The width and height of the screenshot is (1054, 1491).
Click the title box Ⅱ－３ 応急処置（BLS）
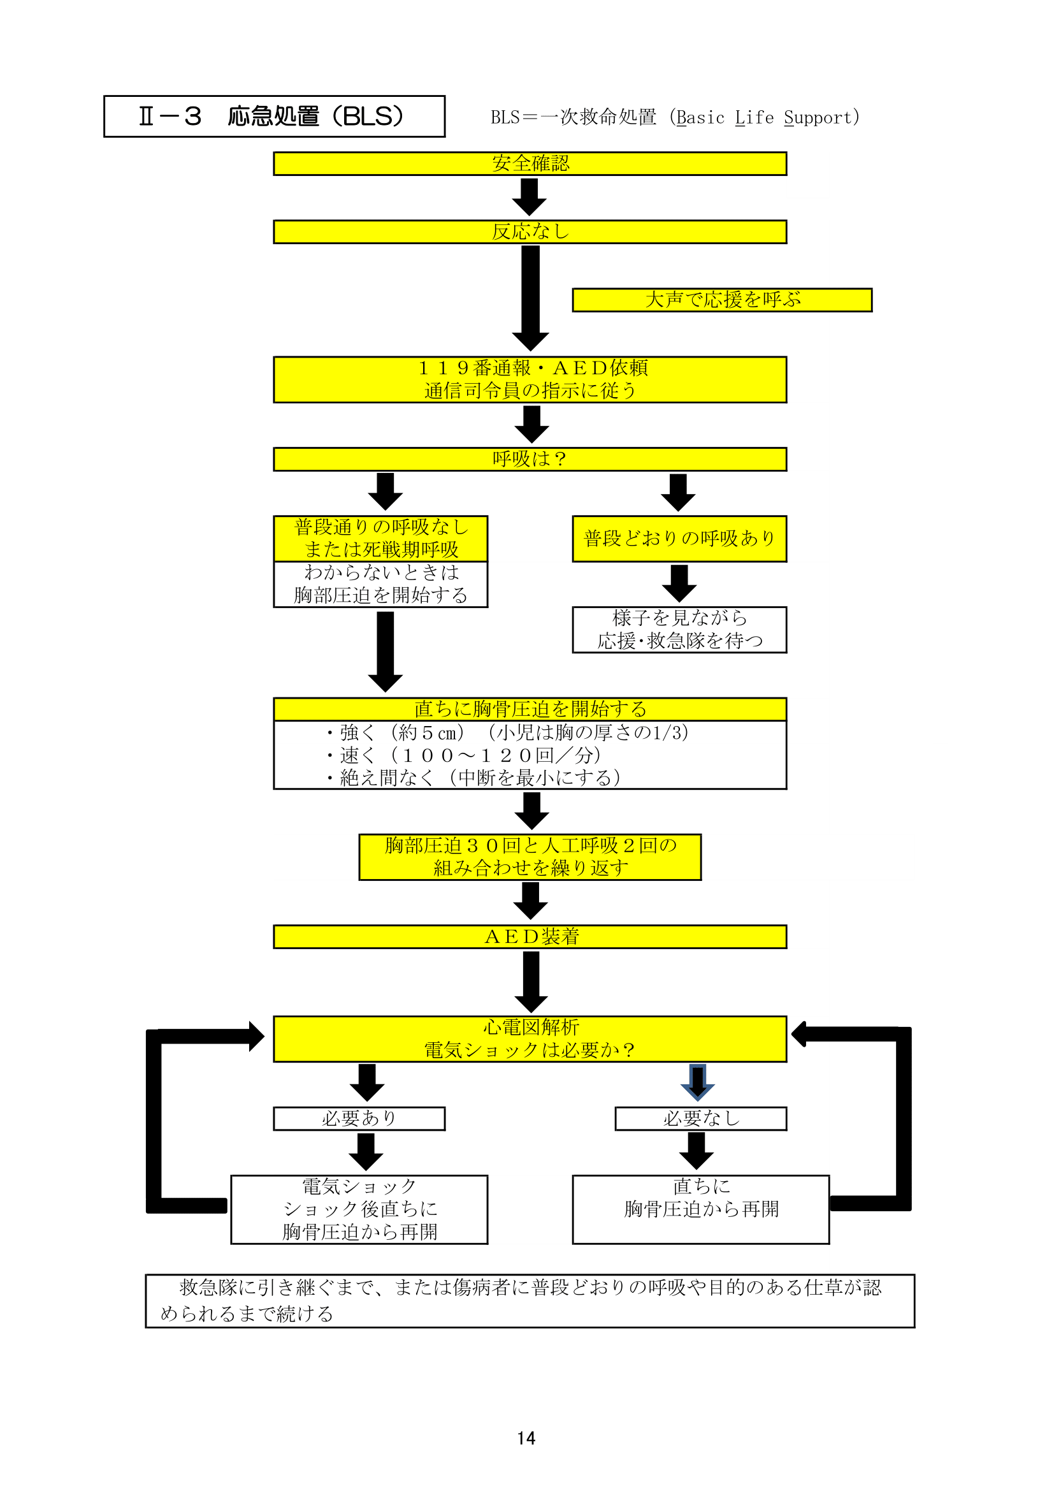(275, 116)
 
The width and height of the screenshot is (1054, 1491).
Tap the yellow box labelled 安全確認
(530, 164)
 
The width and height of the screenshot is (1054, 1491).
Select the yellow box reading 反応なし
(530, 232)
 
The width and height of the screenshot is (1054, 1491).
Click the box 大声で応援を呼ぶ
(723, 300)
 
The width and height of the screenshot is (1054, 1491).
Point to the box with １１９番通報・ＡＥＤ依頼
(530, 380)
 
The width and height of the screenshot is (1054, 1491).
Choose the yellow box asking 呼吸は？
(530, 459)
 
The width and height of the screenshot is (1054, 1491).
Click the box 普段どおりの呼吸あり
(679, 539)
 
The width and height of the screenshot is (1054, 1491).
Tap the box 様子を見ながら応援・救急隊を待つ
(679, 630)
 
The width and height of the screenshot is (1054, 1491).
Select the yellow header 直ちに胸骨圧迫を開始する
(530, 709)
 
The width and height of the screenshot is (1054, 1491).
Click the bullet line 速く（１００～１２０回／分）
(463, 755)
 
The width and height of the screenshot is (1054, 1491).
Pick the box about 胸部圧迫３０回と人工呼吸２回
(530, 857)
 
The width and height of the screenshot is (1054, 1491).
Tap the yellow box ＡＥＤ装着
(530, 937)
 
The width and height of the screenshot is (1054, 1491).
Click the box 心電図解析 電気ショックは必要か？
(530, 1039)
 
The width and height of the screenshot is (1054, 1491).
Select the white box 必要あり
(359, 1119)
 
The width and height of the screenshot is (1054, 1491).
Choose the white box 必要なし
(701, 1119)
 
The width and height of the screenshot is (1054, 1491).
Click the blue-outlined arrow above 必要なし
(698, 1082)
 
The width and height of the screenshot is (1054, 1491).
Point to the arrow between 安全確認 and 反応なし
(530, 197)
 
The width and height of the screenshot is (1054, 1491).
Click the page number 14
(526, 1438)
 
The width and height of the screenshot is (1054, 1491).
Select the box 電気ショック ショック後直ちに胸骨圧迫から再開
(359, 1210)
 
